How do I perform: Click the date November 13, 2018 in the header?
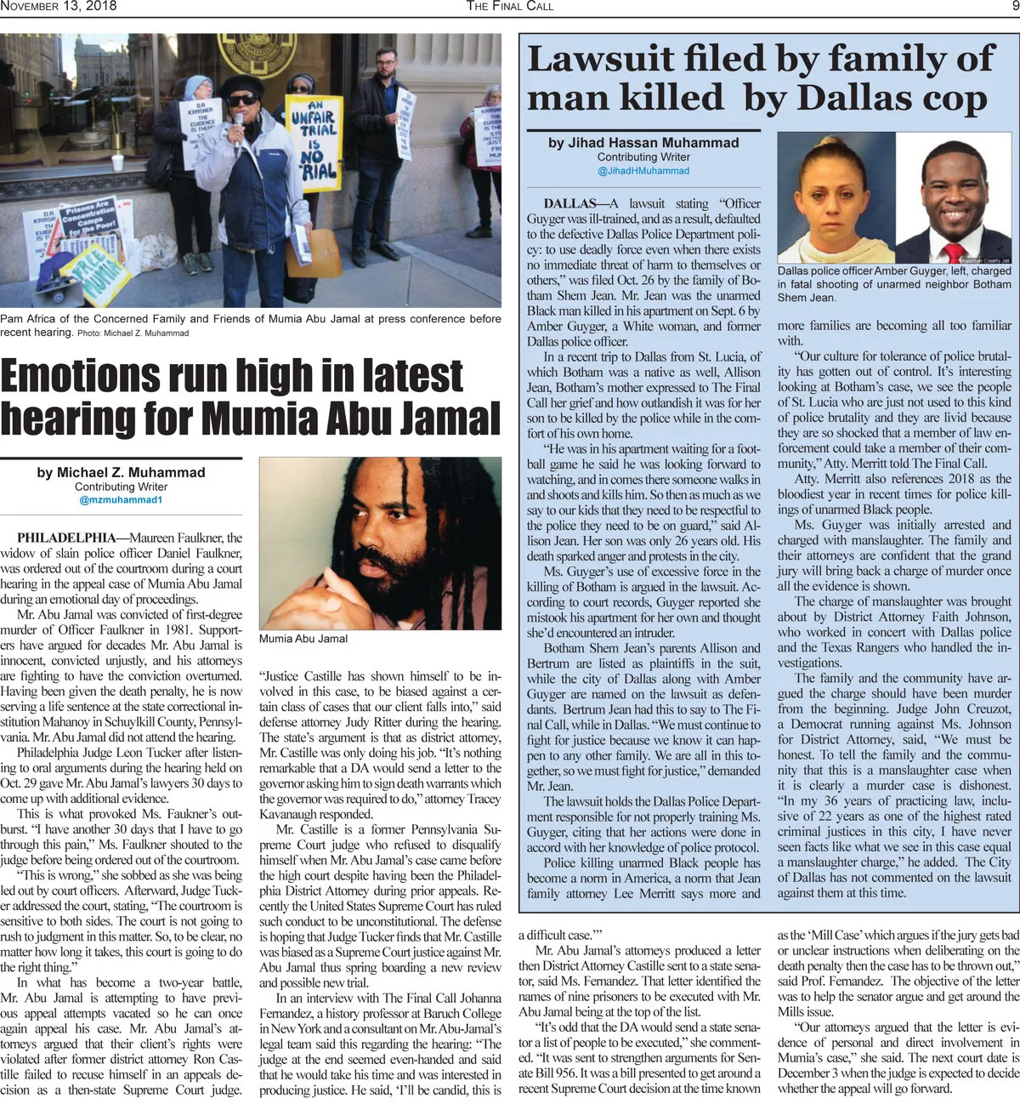[x=59, y=6]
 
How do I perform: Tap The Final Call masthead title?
[x=509, y=6]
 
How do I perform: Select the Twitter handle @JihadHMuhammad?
[x=643, y=171]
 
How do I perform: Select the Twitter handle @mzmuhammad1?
[x=121, y=500]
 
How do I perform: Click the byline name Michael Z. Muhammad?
[x=121, y=472]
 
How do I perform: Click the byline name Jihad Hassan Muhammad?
[x=643, y=143]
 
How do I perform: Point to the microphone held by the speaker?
[x=240, y=125]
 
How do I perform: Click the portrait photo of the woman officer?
[x=836, y=202]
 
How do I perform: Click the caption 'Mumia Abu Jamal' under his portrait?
[x=303, y=639]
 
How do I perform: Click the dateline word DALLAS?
[x=570, y=203]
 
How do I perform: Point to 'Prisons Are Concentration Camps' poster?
[x=88, y=219]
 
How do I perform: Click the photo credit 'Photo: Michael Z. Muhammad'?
[x=133, y=333]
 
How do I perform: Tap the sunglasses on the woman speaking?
[x=243, y=100]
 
